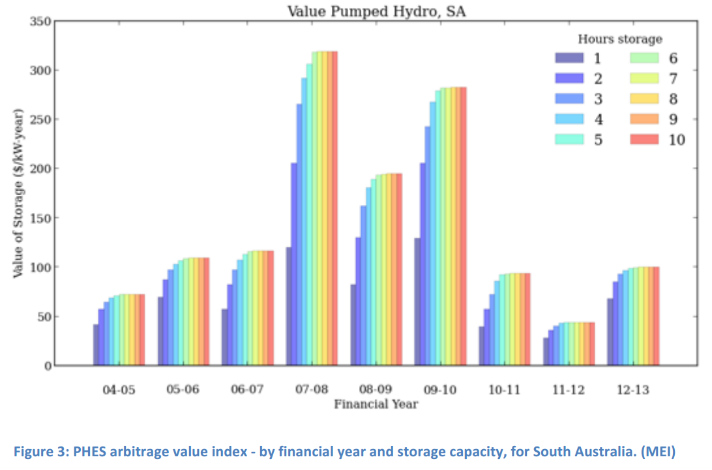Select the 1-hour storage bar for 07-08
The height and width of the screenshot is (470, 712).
[289, 306]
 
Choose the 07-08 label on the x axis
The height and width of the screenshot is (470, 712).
[312, 390]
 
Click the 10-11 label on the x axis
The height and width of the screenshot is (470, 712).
[505, 390]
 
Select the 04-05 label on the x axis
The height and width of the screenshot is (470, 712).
[119, 390]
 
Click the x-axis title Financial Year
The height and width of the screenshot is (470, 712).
[376, 404]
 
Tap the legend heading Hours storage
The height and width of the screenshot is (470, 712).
[619, 39]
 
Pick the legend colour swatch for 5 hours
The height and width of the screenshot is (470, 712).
[569, 140]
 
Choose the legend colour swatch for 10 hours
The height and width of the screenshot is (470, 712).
[644, 140]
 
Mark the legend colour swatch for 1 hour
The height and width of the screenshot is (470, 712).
[569, 58]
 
